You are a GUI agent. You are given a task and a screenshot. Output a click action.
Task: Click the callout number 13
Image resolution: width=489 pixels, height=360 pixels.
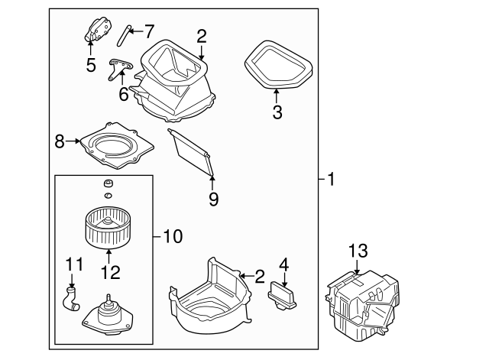tap(358, 251)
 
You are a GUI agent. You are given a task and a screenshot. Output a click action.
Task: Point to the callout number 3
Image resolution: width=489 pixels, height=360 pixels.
tap(277, 113)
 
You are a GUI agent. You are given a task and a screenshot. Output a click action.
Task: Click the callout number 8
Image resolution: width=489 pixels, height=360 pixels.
tap(60, 141)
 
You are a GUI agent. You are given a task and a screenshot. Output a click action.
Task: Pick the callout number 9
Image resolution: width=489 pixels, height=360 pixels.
tap(213, 199)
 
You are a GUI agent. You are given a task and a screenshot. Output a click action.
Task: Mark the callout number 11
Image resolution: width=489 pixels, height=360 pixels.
tap(73, 266)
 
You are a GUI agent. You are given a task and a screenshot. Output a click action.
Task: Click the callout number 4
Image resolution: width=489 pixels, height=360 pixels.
tap(284, 266)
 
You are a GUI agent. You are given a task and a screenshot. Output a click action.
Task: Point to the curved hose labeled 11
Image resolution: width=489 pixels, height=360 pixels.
tap(72, 298)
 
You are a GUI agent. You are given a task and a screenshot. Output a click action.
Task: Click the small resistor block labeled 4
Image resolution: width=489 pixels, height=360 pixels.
tap(282, 296)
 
